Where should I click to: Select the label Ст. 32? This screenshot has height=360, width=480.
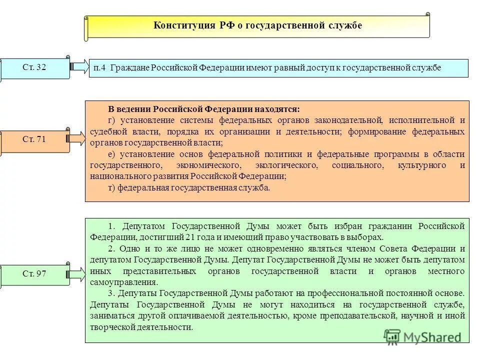tap(34, 67)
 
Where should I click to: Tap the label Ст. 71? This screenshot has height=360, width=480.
tap(34, 139)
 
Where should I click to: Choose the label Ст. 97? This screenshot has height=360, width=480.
tap(34, 273)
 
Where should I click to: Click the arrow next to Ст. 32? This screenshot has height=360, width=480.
tap(79, 66)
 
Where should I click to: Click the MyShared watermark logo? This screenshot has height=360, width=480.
tap(422, 336)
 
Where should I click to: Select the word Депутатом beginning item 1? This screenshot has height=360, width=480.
tap(142, 225)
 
